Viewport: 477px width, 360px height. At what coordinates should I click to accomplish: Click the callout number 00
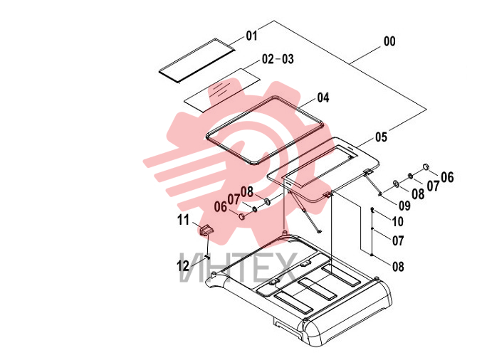click(389, 41)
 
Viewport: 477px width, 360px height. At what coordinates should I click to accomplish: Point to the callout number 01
click(251, 36)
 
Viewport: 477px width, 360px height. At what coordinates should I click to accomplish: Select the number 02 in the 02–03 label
click(268, 59)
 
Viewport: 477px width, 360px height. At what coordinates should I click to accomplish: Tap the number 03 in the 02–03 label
click(288, 59)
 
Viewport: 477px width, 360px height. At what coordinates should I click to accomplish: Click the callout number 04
click(323, 97)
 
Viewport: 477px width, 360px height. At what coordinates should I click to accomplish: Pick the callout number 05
click(381, 137)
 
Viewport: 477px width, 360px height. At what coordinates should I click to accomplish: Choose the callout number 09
click(404, 206)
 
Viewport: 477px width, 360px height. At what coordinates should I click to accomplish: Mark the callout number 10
click(398, 221)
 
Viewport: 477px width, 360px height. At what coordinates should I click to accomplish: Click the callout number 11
click(183, 220)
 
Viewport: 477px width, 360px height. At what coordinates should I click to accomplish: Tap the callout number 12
click(183, 266)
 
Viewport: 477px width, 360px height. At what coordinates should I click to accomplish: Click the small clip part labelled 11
click(206, 230)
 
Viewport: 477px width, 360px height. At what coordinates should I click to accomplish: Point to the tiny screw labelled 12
click(208, 257)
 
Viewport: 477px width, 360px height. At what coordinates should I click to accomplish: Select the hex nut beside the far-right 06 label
click(426, 166)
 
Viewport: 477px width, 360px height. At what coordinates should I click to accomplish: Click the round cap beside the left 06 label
click(241, 216)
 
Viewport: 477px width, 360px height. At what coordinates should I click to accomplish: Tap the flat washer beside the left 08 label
click(267, 201)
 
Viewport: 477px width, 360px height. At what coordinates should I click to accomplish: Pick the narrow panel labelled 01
click(198, 60)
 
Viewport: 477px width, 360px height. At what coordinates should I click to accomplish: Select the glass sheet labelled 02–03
click(222, 90)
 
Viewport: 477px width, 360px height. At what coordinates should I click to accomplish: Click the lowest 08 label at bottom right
click(398, 267)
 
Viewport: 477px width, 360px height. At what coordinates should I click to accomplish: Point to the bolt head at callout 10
click(372, 209)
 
